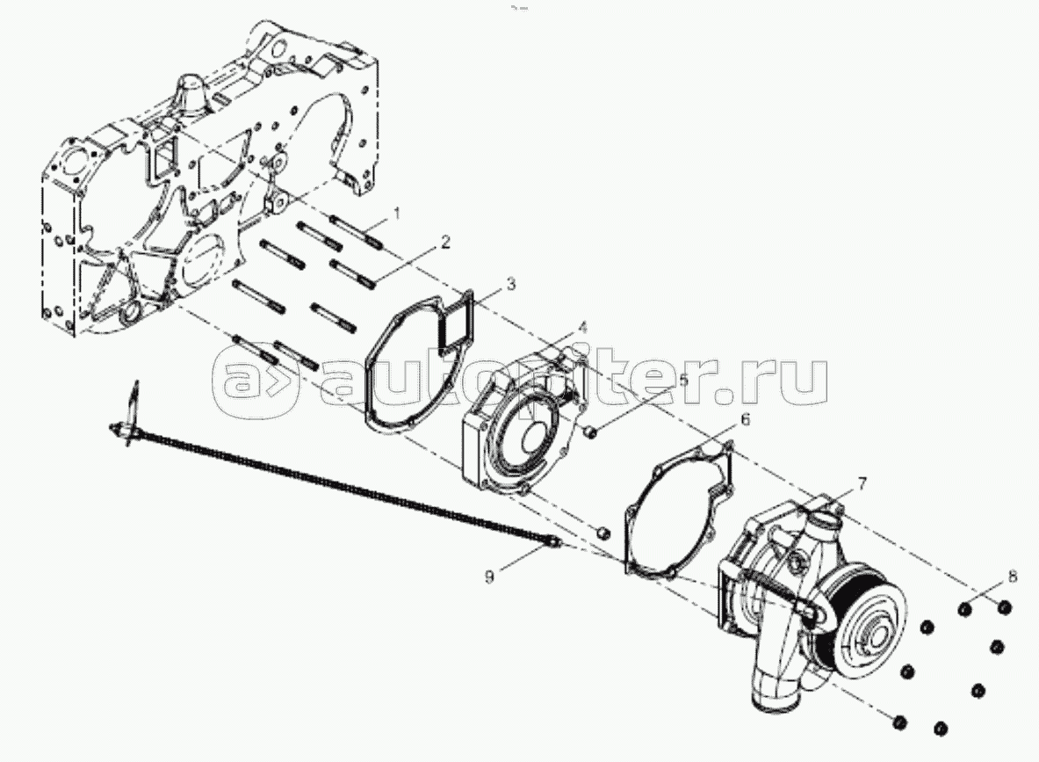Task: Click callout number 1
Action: tap(397, 214)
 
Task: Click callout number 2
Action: tap(446, 242)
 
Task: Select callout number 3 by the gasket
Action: tap(510, 285)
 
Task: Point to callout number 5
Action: tap(682, 380)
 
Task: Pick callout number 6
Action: tap(744, 420)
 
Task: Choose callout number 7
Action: tap(862, 483)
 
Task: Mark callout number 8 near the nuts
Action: tap(1013, 577)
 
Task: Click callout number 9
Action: tap(489, 577)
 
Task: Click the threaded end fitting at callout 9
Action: tap(553, 544)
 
